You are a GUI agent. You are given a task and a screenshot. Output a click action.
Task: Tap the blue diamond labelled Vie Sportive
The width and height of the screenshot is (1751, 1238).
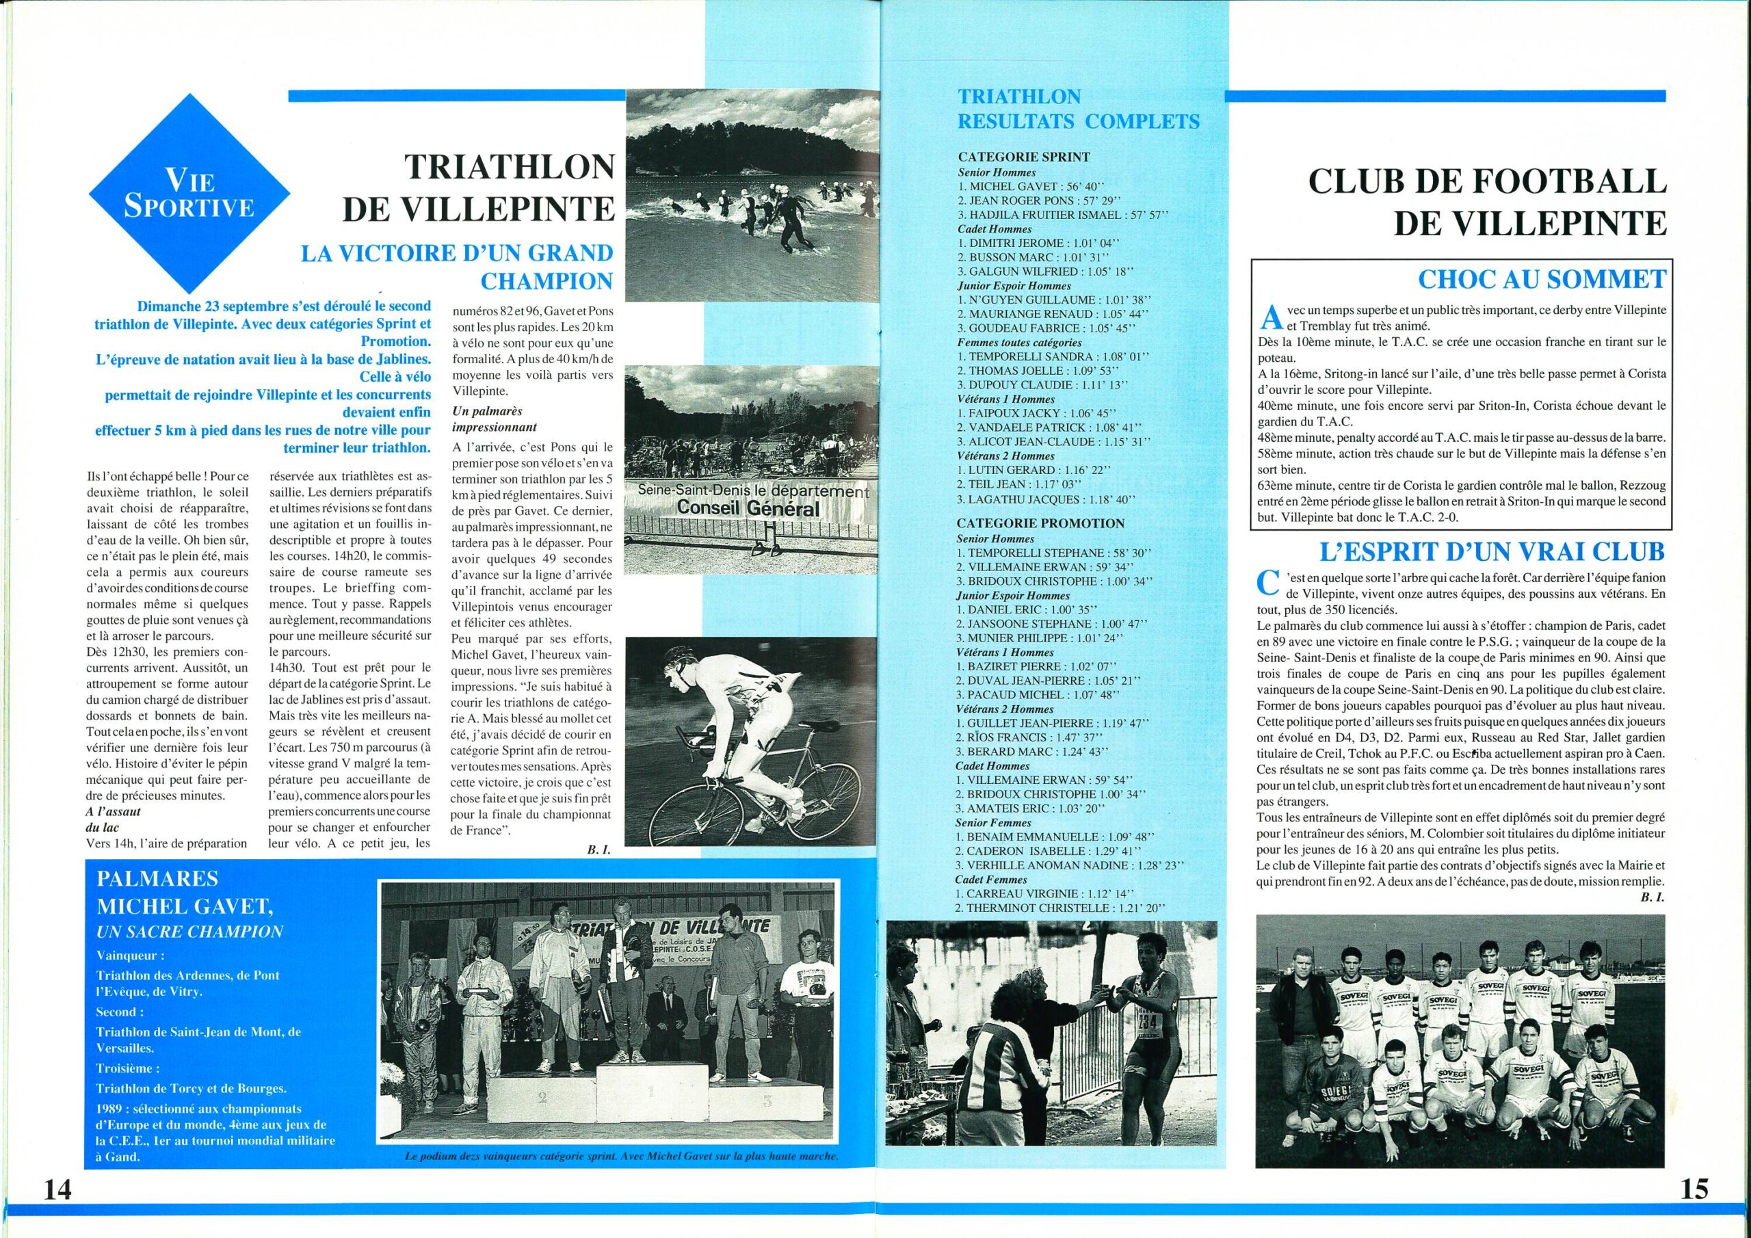pyautogui.click(x=191, y=194)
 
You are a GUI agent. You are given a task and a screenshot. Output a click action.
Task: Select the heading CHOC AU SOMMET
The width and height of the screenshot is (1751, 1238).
pyautogui.click(x=1541, y=279)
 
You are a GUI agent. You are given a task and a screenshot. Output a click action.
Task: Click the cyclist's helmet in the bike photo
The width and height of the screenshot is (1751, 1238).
pyautogui.click(x=676, y=661)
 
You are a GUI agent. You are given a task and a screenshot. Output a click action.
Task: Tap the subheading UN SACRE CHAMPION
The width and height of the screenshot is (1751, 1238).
pyautogui.click(x=189, y=931)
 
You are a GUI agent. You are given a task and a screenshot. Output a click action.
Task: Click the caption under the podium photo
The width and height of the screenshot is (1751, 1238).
pyautogui.click(x=622, y=1157)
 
